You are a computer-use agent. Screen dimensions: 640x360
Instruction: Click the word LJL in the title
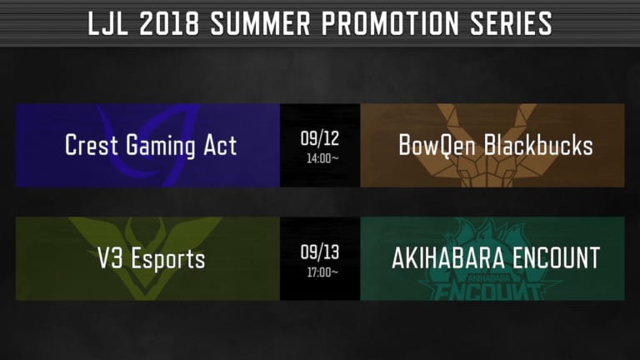click(108, 22)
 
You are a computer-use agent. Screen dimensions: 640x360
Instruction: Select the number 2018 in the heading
click(169, 22)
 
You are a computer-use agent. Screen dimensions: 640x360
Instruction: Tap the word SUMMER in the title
click(260, 22)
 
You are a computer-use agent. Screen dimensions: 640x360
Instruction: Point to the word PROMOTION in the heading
click(390, 22)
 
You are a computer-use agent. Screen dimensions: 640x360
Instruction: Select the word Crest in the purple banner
click(92, 145)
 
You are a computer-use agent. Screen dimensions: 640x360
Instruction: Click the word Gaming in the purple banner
click(160, 146)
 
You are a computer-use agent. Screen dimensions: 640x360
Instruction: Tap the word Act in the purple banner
click(220, 145)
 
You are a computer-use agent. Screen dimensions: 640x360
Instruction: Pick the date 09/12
click(320, 138)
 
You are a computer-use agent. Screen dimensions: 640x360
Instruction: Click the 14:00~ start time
click(322, 158)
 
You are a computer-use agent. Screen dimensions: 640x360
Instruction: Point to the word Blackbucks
click(538, 145)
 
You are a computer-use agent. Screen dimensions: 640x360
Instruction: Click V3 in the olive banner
click(110, 258)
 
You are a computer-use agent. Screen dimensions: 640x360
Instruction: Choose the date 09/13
click(320, 252)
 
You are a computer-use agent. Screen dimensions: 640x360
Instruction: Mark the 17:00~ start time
click(322, 272)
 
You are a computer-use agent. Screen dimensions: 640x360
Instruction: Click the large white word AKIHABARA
click(448, 258)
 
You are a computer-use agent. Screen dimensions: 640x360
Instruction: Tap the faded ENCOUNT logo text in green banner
click(488, 292)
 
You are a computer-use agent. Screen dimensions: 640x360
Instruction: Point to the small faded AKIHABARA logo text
click(487, 278)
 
